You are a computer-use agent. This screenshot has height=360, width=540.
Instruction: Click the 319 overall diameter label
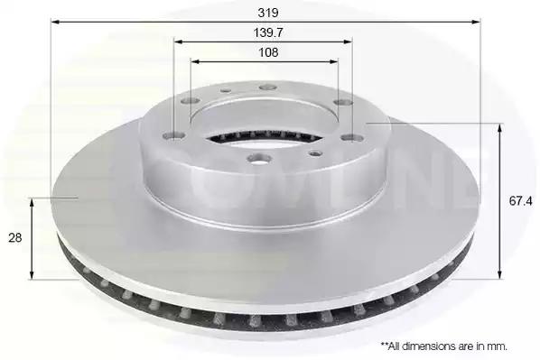(x=268, y=13)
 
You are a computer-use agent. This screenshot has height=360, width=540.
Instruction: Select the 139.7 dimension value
(x=268, y=32)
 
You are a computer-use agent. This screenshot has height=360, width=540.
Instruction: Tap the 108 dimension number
(x=268, y=52)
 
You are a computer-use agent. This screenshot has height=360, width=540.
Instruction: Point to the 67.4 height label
(x=520, y=201)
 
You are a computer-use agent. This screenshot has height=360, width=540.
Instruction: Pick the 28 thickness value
(x=14, y=237)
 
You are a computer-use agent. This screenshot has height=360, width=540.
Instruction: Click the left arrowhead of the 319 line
(x=55, y=22)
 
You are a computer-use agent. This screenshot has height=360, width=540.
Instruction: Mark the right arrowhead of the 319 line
(x=476, y=22)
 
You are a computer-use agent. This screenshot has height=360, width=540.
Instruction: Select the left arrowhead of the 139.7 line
(x=178, y=42)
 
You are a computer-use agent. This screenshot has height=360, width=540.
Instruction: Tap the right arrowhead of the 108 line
(x=334, y=61)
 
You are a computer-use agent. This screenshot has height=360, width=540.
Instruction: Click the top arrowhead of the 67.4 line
(x=499, y=128)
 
